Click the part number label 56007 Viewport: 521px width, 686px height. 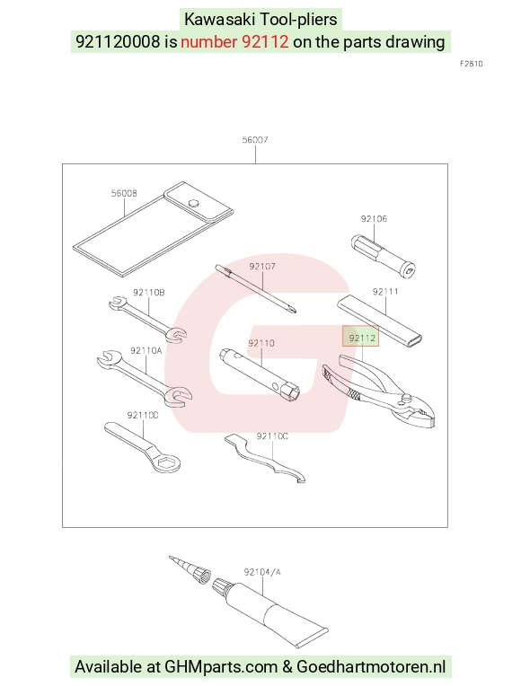point(255,140)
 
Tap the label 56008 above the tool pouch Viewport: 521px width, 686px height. point(124,193)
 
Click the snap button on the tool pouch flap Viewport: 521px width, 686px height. point(193,202)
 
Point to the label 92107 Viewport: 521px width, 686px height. point(262,266)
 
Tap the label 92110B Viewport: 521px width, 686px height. point(149,292)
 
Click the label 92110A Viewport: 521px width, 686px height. point(146,350)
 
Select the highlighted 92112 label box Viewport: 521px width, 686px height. point(361,337)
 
